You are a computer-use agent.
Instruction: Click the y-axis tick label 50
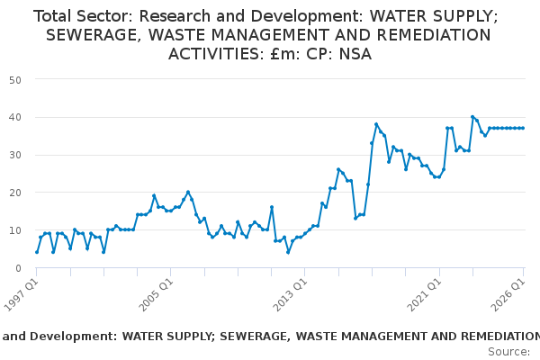[15, 80]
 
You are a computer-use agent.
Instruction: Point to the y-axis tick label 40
[15, 118]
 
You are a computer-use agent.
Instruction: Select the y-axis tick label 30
[15, 155]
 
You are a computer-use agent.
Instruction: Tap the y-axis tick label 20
[15, 193]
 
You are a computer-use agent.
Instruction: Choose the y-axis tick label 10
[15, 230]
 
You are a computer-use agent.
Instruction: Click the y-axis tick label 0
[18, 268]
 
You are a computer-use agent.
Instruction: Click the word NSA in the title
[355, 54]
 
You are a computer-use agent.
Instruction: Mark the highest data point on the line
[472, 117]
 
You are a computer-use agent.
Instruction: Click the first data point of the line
[37, 252]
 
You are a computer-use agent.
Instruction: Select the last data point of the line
[523, 128]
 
